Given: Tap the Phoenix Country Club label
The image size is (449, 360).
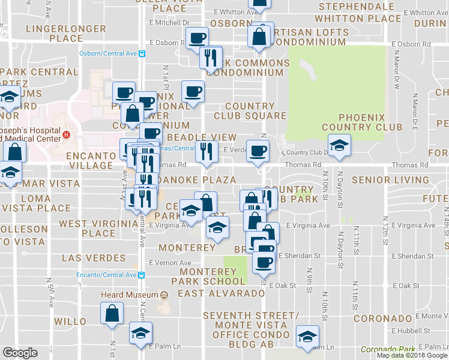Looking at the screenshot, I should point(362,122).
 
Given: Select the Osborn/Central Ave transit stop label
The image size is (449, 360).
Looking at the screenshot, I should point(108,53).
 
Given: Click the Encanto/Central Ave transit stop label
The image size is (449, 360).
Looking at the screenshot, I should point(107,275).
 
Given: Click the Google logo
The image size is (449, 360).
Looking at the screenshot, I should point(20,352).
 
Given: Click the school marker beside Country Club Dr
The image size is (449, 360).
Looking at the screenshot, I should point(339,145).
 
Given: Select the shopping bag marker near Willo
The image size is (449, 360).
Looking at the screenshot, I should point(112,313).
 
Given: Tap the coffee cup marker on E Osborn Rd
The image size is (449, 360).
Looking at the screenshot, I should point(197,38).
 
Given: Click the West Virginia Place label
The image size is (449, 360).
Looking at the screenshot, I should point(98,229).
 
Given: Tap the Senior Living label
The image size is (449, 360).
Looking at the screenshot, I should point(390,179).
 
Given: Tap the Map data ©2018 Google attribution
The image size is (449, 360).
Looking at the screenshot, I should point(411,355).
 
